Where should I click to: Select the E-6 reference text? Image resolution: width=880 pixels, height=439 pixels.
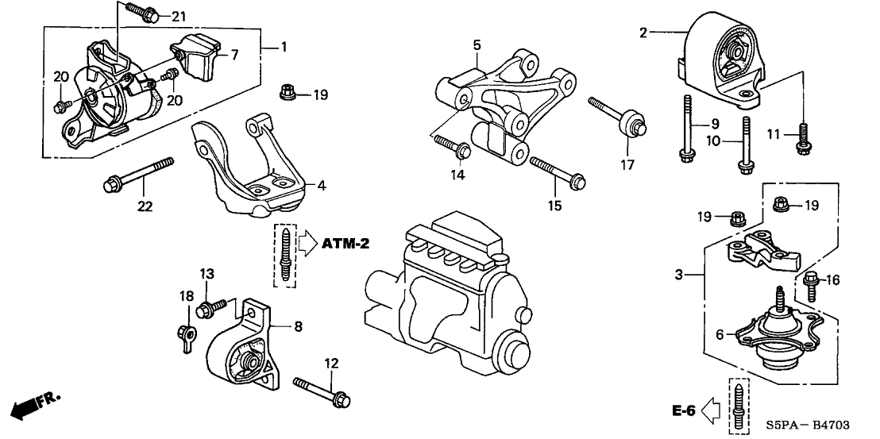(685, 411)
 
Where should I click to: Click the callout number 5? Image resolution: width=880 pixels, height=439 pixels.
(477, 46)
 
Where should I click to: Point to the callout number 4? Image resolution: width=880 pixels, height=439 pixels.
(321, 187)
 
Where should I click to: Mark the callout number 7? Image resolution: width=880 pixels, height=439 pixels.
(234, 55)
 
